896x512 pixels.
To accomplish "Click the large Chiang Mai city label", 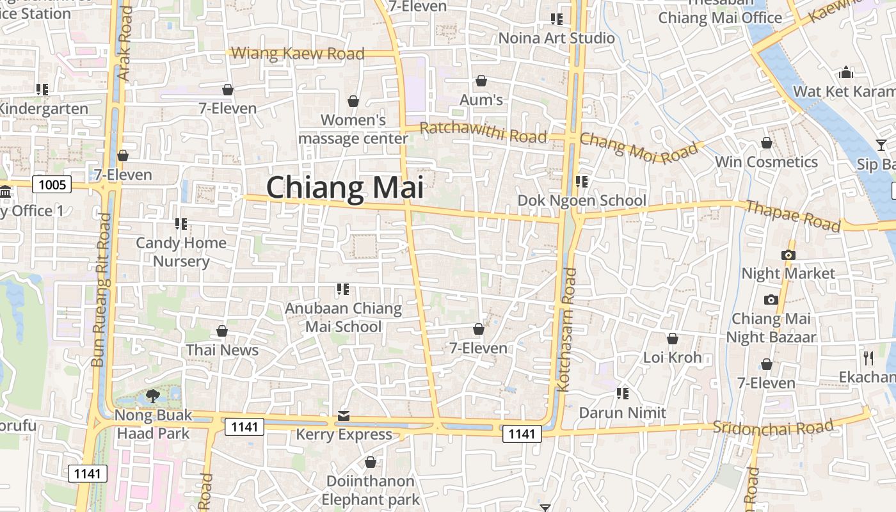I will point(345,188).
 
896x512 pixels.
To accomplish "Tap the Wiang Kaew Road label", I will point(298,54).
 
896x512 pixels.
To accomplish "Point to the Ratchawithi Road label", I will point(483,132).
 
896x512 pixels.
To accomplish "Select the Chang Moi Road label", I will point(638,148).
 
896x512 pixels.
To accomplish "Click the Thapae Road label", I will point(793,215).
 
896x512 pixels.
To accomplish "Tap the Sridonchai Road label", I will point(773,427).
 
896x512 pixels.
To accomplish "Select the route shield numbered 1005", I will point(52,186).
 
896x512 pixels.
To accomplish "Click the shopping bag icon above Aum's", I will point(481,81).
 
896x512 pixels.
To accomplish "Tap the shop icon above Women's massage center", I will point(353,101).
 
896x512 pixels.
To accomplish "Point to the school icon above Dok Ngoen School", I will point(582,182).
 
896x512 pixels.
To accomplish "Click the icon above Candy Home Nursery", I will point(181,224).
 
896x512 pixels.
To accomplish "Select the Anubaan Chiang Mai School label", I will point(343,317).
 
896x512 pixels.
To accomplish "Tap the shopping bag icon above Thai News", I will point(222,331).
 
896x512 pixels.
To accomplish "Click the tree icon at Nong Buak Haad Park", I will point(152,396).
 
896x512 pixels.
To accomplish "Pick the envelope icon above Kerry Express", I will point(344,417).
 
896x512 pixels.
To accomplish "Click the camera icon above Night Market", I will point(788,255).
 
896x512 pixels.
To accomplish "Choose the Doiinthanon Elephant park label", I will point(371,490).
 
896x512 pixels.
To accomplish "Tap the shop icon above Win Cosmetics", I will point(766,143).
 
